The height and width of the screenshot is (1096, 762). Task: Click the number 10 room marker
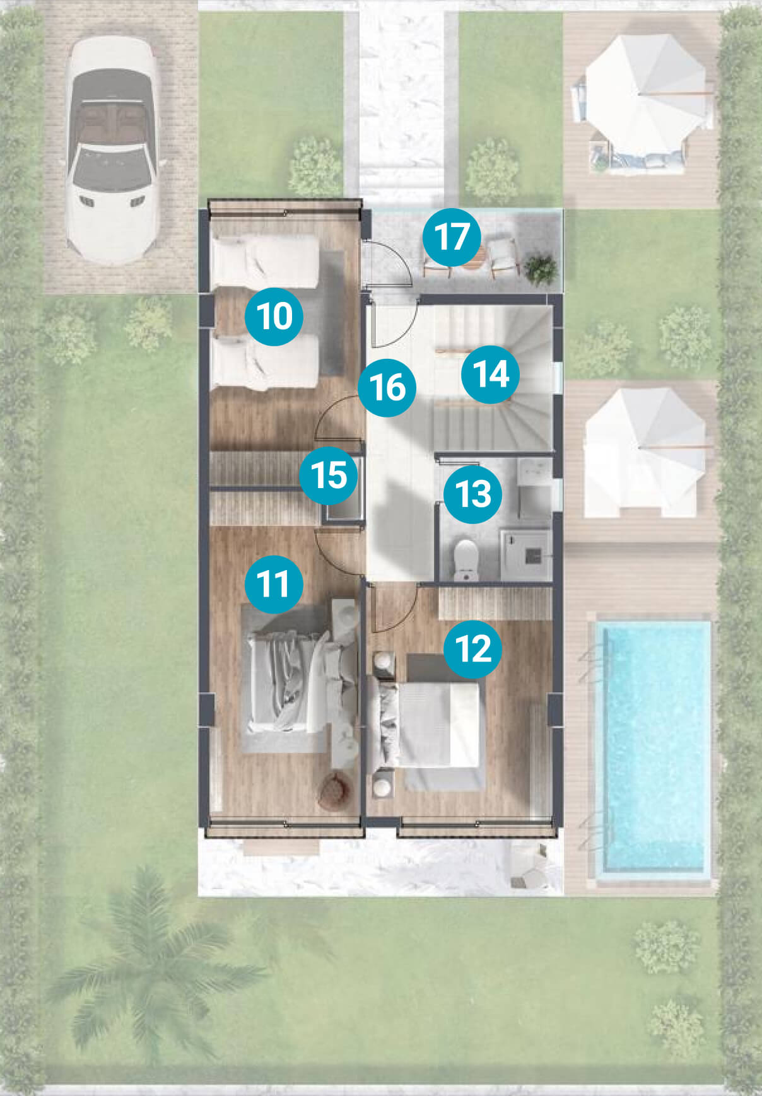pos(274,315)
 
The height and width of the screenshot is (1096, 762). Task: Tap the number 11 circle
pos(274,583)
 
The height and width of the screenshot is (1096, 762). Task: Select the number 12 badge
pos(473,648)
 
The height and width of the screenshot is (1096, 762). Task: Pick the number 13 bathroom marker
pos(472,493)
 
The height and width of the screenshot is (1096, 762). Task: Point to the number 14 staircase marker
pos(491,373)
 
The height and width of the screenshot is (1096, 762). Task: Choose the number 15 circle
pos(329,475)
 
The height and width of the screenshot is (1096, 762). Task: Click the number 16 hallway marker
pos(387,387)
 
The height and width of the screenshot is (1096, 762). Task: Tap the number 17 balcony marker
pos(452,237)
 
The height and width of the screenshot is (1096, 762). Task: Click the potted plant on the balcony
pos(541,268)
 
